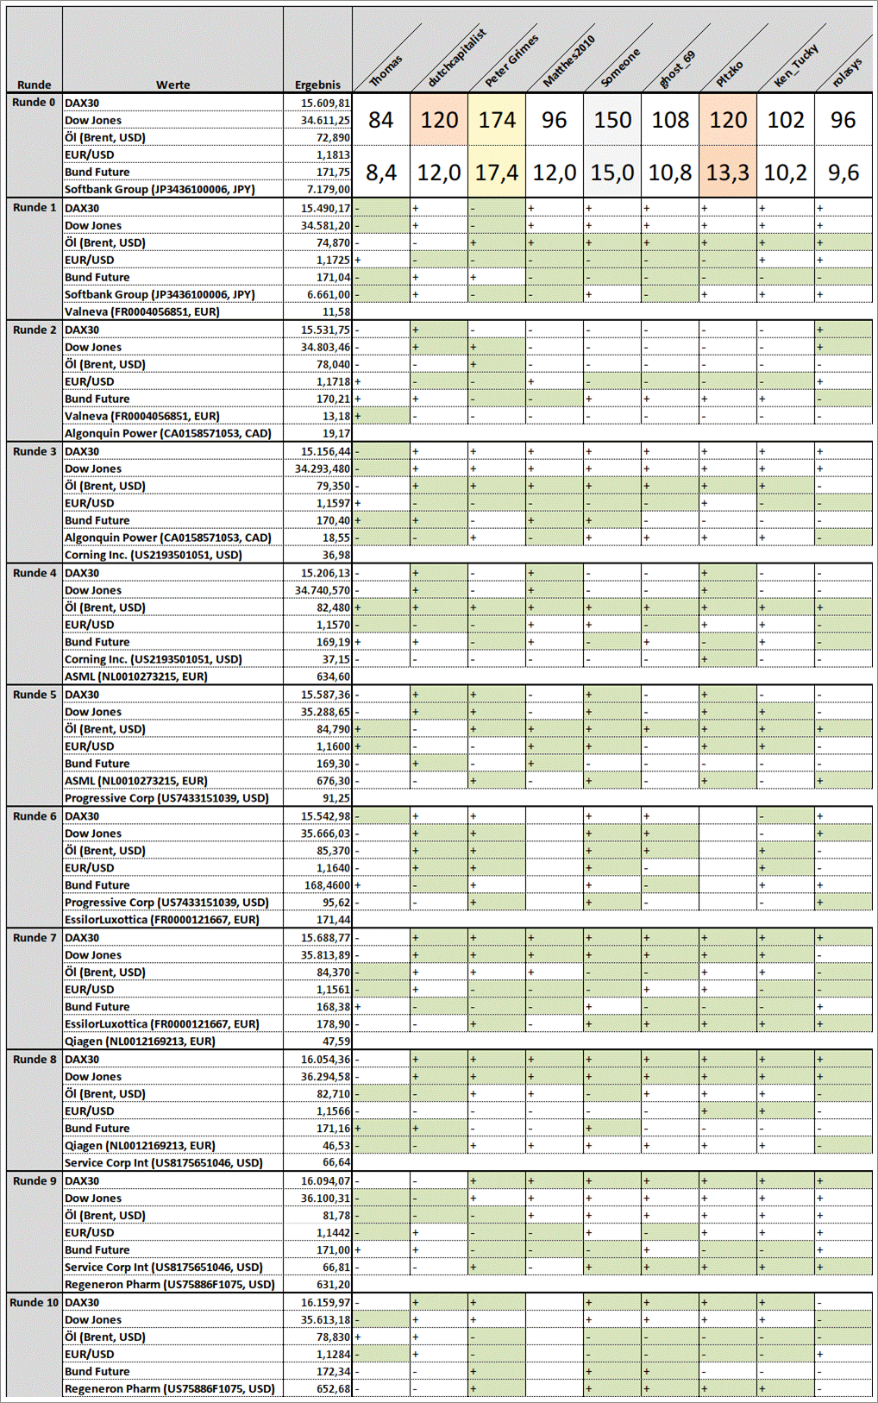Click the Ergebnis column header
[317, 85]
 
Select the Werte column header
[172, 85]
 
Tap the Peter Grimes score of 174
[498, 120]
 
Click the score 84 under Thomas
[380, 120]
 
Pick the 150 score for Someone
[612, 120]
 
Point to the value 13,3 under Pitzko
[728, 173]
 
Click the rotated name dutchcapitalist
[457, 58]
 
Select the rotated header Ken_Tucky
[795, 65]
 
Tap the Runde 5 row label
[34, 695]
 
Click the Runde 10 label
[34, 1302]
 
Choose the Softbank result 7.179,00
[329, 189]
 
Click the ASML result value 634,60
[333, 676]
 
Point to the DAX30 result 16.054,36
[325, 1059]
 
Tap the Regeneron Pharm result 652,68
[333, 1388]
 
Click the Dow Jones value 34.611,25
[325, 120]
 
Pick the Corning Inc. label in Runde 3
[153, 555]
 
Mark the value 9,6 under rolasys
[843, 173]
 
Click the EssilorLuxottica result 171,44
[333, 920]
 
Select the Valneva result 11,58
[336, 311]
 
